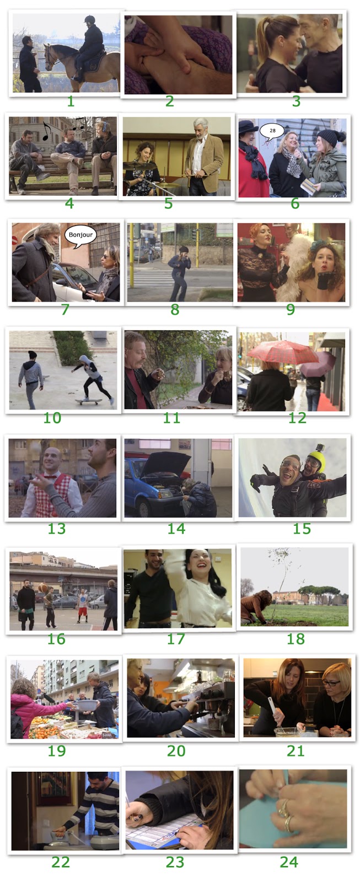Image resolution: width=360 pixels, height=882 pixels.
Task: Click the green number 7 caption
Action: (65, 309)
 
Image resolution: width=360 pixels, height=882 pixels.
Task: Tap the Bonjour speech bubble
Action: (80, 235)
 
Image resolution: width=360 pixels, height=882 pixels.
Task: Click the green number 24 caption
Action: (289, 862)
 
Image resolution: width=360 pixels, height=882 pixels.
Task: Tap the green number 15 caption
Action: (302, 529)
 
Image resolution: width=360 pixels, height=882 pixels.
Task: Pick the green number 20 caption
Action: (176, 750)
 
